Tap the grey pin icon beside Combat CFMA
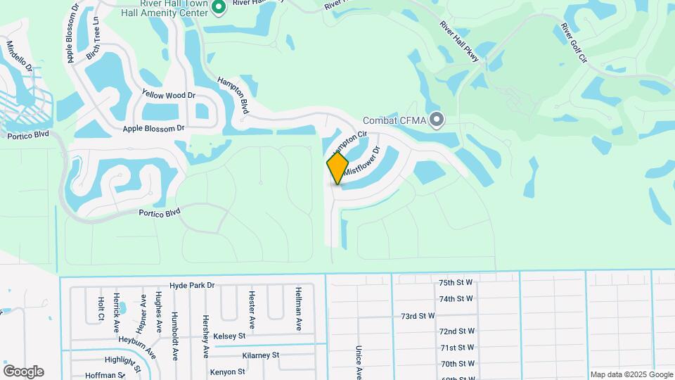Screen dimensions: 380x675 tap(437, 120)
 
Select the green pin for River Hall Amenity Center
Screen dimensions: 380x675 tap(218, 7)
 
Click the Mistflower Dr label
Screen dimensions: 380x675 tap(361, 160)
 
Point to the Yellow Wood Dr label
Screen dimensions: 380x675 tap(168, 94)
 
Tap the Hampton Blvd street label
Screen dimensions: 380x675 tap(233, 96)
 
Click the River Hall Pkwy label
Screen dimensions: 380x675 tap(459, 42)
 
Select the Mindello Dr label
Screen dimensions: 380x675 tap(19, 54)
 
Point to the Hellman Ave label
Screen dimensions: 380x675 tap(299, 309)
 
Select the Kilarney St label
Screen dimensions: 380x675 tap(261, 355)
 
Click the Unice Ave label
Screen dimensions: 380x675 tap(358, 361)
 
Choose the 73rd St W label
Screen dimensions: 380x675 tap(418, 316)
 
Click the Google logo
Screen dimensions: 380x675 tap(23, 372)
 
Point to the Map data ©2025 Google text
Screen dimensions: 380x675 tap(631, 374)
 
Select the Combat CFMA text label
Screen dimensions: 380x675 tap(394, 121)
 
